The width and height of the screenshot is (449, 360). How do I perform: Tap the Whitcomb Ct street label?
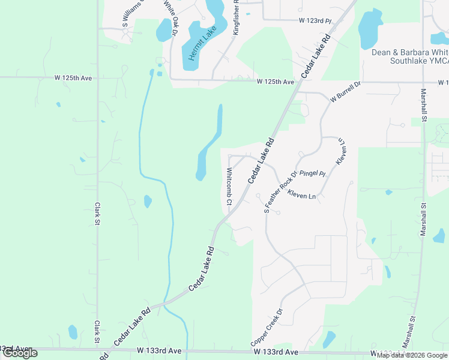tap(229, 186)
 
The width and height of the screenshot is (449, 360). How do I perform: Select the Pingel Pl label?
tap(312, 173)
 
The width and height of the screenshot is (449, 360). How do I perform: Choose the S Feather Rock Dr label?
tap(281, 191)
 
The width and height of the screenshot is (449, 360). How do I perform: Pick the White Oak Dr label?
tap(169, 19)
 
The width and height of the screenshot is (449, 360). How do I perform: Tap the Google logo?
tap(20, 353)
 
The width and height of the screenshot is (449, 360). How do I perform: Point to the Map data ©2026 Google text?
tap(412, 355)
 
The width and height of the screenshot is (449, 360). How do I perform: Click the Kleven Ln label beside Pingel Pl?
tap(301, 195)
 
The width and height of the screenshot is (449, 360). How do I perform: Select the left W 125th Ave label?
tap(73, 78)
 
